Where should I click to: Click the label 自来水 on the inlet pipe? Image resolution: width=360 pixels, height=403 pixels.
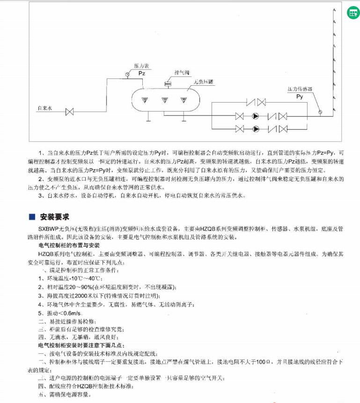click(45, 108)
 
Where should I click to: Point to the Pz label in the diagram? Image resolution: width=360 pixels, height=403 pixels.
click(141, 74)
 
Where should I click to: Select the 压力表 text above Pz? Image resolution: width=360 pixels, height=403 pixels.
click(141, 67)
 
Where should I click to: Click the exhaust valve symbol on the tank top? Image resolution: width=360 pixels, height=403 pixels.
click(167, 84)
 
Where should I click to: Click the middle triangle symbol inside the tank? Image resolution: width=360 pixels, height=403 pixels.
click(165, 99)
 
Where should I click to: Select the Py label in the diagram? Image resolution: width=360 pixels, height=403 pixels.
click(300, 97)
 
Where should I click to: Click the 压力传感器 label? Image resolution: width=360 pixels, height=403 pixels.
click(300, 89)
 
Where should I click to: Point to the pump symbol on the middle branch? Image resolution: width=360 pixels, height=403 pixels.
click(256, 116)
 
